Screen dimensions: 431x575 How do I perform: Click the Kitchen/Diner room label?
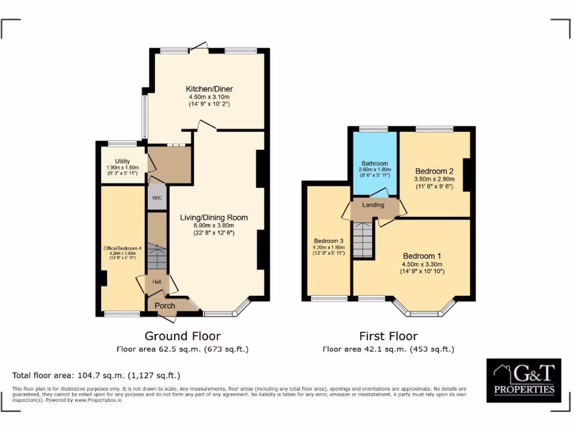(x=209, y=89)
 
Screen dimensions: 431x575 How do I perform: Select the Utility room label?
(x=122, y=162)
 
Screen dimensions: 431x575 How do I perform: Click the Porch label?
(x=165, y=306)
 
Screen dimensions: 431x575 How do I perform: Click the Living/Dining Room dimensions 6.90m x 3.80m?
(x=213, y=226)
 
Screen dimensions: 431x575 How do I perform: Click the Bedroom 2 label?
(x=434, y=171)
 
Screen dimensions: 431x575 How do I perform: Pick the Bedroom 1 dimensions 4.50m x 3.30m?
(x=422, y=264)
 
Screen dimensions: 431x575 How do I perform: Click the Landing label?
(x=373, y=205)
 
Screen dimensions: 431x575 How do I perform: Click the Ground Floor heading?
(x=182, y=336)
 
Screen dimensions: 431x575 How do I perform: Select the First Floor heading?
(x=388, y=336)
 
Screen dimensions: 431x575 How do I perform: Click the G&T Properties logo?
(x=523, y=380)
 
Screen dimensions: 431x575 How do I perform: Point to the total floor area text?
(x=96, y=375)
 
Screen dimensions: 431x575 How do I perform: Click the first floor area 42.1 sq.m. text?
(x=388, y=349)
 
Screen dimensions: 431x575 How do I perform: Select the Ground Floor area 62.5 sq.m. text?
(x=182, y=349)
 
